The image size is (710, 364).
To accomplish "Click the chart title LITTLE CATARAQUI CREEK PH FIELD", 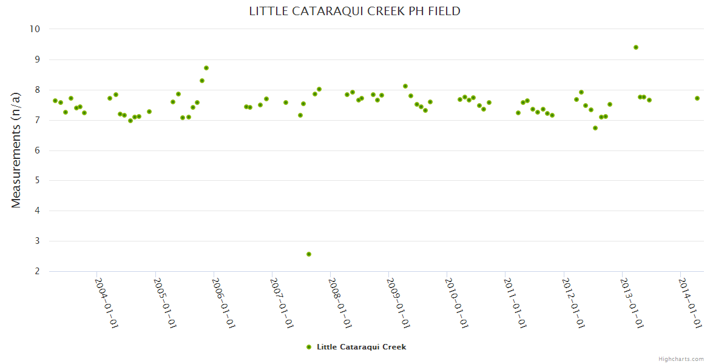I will point(354,11).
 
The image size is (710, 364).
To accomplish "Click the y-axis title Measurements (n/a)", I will point(16,150).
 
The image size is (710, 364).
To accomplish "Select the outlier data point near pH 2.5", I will point(309,254).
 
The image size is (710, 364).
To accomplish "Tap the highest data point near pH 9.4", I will point(636,47).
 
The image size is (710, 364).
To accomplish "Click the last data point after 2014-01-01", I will point(697,98).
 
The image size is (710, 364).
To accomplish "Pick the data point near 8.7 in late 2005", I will point(206,68).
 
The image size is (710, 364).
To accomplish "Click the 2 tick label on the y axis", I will point(37,271).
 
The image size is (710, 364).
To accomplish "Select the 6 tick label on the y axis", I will point(37,150).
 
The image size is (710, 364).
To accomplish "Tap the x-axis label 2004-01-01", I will point(107,303).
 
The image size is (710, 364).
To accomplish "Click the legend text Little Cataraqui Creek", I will point(361,347).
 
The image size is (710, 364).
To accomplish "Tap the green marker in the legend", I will point(309,347).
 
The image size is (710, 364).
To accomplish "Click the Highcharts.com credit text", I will point(681,359).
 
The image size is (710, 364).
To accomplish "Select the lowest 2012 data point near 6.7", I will point(595,128).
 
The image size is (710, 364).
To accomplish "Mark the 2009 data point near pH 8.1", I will point(405,86).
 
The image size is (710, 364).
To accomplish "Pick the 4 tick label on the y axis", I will point(37,211).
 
